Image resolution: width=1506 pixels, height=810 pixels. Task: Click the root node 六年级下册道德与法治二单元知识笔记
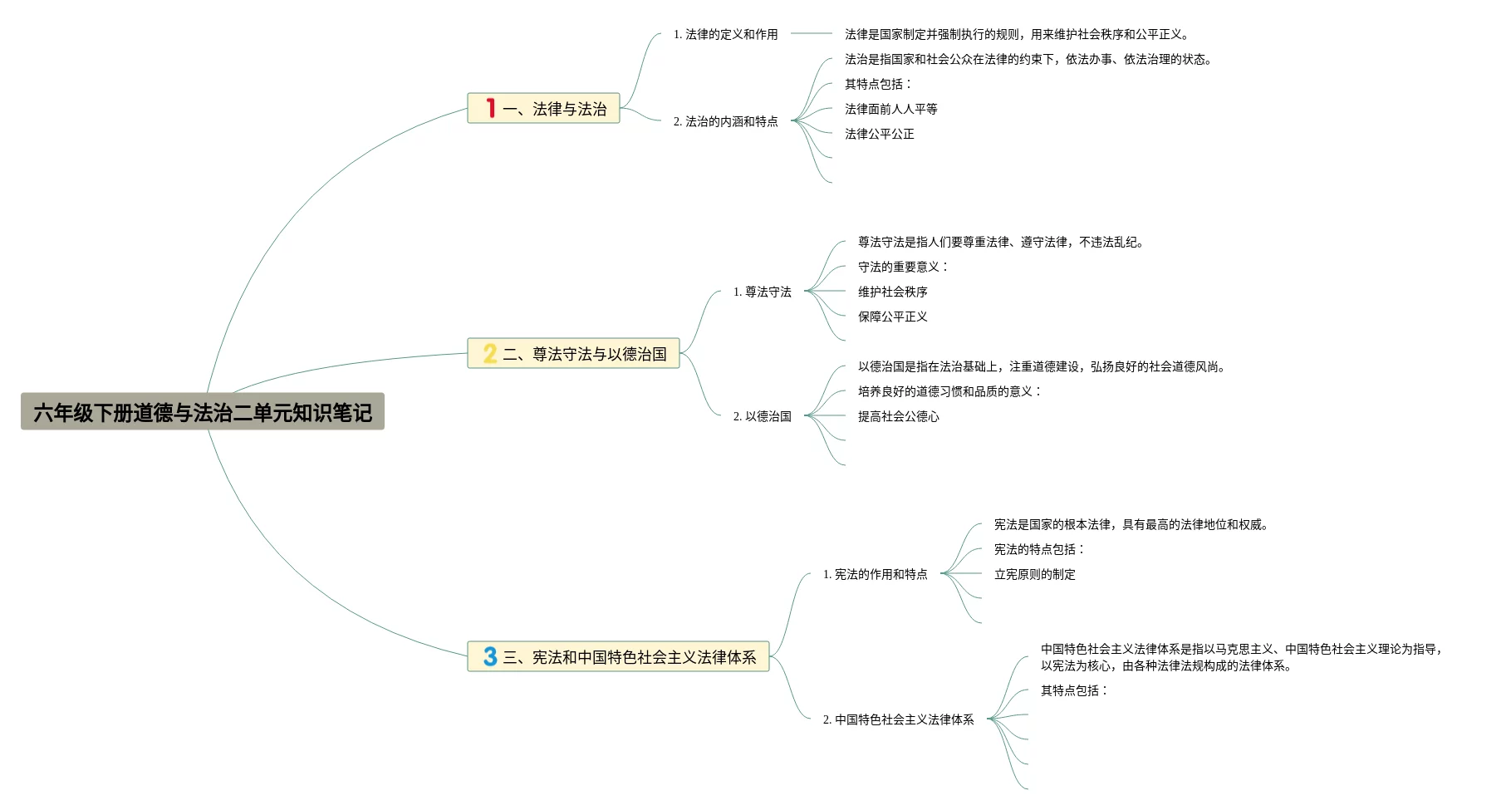pos(203,412)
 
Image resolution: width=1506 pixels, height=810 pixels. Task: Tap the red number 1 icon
pos(491,108)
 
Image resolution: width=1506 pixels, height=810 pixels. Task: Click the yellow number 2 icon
pos(490,354)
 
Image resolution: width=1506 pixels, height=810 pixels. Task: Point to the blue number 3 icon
pos(490,657)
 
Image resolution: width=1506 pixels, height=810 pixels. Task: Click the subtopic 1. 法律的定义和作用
pos(725,34)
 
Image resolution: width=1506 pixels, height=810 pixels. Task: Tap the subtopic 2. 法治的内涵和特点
pos(725,121)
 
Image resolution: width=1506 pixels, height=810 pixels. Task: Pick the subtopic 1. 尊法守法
pos(762,292)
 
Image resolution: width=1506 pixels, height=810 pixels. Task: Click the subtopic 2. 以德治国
pos(762,416)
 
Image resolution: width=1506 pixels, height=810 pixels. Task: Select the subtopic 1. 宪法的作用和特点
pos(875,574)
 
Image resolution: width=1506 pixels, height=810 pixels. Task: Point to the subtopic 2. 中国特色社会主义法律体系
pos(898,719)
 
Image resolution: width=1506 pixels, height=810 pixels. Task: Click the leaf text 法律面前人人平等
pos(890,109)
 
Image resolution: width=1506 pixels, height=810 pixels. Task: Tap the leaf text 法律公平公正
pos(879,134)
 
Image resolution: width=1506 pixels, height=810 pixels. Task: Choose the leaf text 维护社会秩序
pos(892,292)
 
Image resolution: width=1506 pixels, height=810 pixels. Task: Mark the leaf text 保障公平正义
pos(892,317)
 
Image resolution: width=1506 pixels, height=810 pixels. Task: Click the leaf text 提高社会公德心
pos(898,416)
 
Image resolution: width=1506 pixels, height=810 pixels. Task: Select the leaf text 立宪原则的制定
pos(1034,574)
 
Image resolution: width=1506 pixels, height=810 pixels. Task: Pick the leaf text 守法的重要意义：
pos(902,267)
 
